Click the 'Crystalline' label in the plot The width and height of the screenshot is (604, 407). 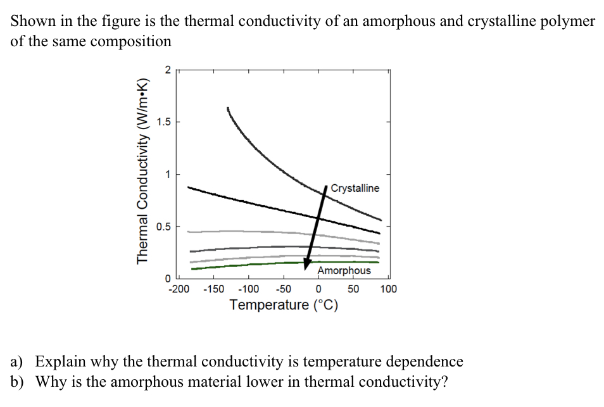(x=355, y=188)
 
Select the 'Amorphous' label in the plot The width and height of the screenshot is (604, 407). (x=344, y=270)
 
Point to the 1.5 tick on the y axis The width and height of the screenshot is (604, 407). (x=164, y=122)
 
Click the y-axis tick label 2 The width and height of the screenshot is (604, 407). (x=167, y=70)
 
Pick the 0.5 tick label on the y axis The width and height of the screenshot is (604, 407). (x=164, y=226)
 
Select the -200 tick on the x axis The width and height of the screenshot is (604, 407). (x=179, y=289)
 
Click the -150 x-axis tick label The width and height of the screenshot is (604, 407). (x=214, y=289)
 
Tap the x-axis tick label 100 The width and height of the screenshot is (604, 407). (x=388, y=289)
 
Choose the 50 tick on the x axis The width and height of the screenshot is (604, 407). (x=353, y=289)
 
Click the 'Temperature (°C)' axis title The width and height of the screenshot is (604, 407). (x=284, y=305)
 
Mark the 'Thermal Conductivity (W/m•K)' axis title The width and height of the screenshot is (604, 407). (x=143, y=172)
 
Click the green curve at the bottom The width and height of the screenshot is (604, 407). (x=285, y=262)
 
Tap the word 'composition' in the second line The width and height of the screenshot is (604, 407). (x=132, y=42)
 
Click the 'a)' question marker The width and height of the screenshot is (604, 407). (x=17, y=362)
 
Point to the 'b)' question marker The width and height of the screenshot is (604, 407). (x=17, y=382)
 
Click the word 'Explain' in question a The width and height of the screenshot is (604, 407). (x=61, y=363)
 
